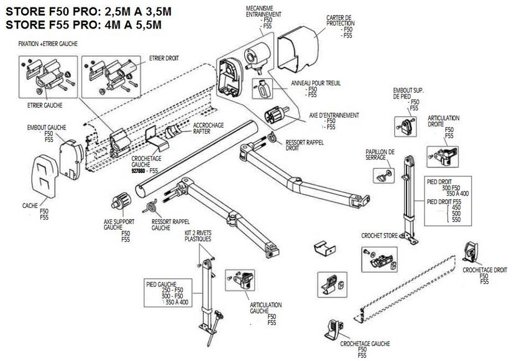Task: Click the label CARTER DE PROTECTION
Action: (x=341, y=21)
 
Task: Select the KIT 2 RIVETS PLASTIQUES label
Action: (x=198, y=236)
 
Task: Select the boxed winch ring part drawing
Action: (x=263, y=90)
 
